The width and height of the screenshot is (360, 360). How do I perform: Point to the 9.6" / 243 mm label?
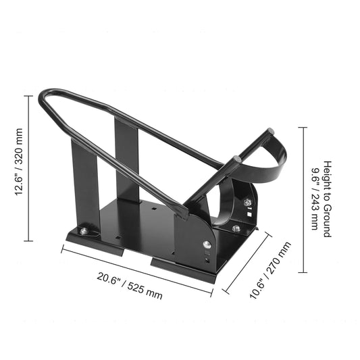click(314, 199)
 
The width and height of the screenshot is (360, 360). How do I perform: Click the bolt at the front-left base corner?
click(83, 232)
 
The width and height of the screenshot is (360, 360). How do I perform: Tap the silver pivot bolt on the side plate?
click(207, 245)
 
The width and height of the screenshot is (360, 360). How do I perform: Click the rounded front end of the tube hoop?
click(45, 99)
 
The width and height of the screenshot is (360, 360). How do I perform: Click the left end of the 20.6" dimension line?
click(62, 247)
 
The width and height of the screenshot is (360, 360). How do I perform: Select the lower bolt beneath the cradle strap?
click(236, 228)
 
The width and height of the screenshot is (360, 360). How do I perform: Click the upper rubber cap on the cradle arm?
click(270, 132)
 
